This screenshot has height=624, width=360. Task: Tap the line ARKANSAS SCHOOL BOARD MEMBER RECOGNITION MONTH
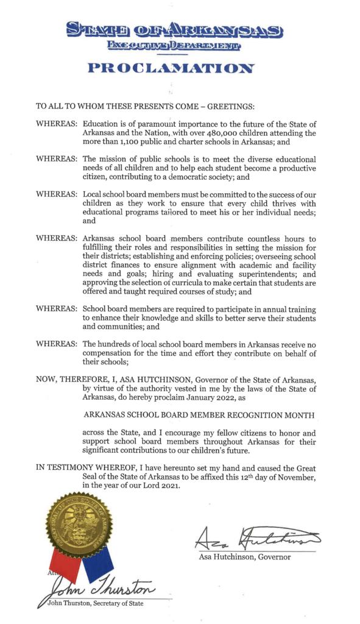click(202, 415)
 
